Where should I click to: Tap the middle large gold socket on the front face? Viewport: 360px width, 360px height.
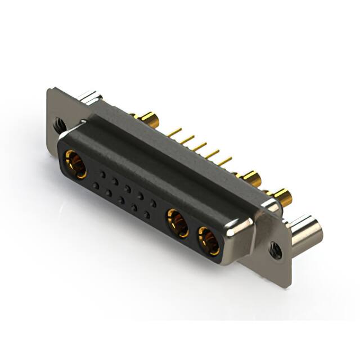click(179, 223)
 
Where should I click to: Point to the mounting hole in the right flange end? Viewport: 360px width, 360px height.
click(275, 249)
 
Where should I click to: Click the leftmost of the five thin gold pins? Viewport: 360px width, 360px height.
click(175, 133)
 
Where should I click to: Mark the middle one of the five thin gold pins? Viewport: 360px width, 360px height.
click(199, 147)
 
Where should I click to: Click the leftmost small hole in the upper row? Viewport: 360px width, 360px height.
click(102, 174)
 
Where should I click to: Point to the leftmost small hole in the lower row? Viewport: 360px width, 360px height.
click(96, 185)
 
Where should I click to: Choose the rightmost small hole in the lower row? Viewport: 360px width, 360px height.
click(147, 215)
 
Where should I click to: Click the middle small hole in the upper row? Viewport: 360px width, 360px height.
click(128, 189)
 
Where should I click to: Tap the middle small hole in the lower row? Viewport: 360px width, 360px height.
click(121, 200)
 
